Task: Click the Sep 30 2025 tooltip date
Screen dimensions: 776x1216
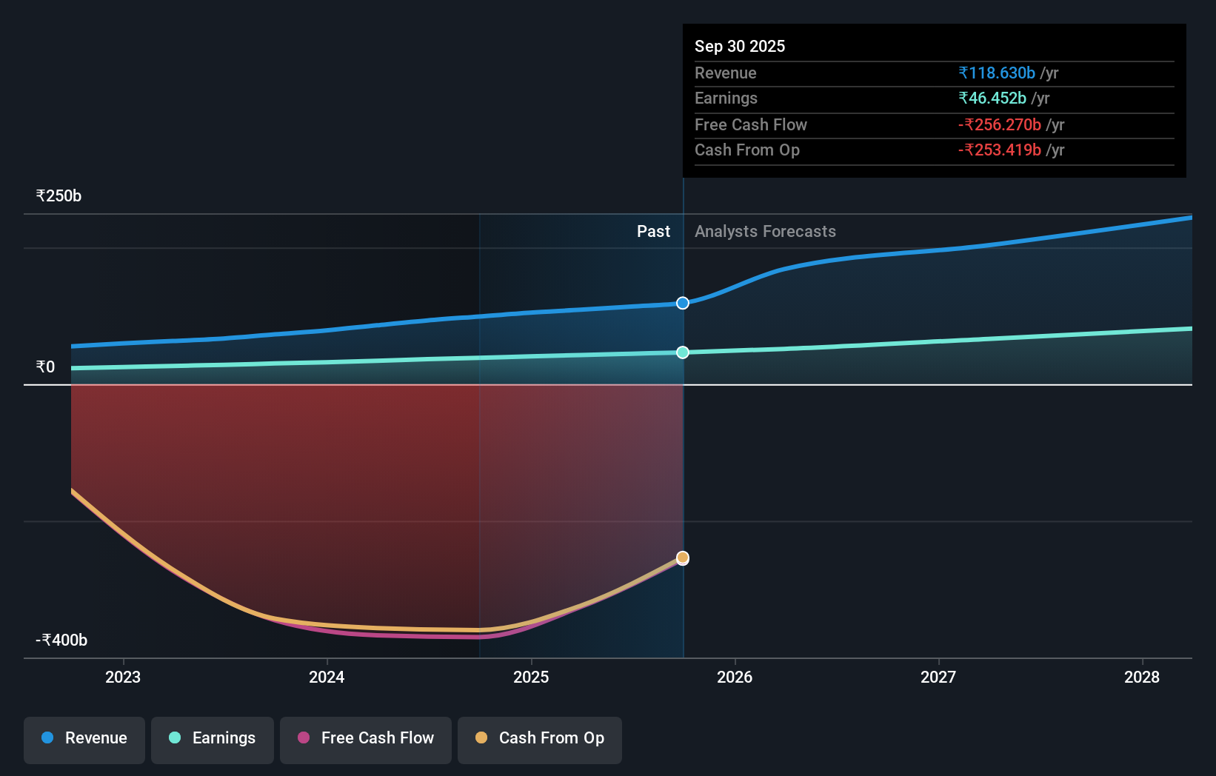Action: coord(739,46)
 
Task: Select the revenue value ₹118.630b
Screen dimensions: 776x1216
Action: coord(996,73)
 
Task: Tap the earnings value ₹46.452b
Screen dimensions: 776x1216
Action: coord(992,98)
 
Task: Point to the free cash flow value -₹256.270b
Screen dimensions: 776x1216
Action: coord(999,124)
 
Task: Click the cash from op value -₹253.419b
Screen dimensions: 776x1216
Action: coord(999,150)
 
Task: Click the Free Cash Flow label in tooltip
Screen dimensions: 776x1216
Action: coord(750,124)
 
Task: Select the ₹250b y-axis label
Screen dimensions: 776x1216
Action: coord(59,195)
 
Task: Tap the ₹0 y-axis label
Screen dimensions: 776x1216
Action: coord(45,367)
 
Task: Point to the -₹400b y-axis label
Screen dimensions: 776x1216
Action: coord(61,640)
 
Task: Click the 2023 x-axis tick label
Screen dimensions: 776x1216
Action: coord(123,677)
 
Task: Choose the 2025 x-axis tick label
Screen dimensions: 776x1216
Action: coord(531,677)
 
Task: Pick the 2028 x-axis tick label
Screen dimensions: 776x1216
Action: coord(1141,677)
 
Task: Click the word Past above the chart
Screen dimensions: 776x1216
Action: coord(653,231)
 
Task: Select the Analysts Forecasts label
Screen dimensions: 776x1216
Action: coord(765,231)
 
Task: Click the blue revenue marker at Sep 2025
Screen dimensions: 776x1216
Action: coord(683,303)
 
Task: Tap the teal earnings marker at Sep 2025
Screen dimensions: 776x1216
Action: coord(683,352)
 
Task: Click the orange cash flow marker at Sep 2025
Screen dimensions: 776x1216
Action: coord(683,558)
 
